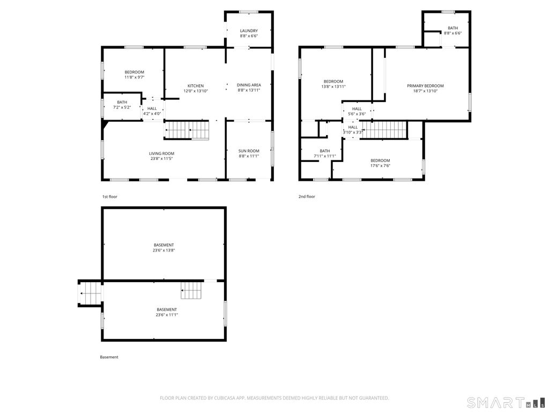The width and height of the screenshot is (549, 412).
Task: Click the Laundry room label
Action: point(249,31)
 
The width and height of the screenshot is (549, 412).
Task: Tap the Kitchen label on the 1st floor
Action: point(195,86)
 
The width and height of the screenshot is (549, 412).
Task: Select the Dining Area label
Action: point(249,85)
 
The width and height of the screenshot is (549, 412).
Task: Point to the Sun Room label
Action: point(249,151)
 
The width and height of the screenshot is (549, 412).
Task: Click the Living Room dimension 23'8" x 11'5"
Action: point(162,158)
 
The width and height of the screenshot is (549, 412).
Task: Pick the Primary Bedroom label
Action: point(425,86)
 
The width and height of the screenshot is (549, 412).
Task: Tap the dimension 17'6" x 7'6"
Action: point(380,166)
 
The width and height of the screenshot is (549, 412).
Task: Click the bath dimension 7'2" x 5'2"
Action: point(122,107)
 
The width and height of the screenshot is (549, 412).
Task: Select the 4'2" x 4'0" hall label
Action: point(152,114)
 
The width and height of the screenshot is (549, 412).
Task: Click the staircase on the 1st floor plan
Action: point(187,130)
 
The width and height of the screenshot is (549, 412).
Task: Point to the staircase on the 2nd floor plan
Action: point(384,130)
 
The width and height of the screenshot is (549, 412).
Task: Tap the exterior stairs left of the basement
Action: point(90,293)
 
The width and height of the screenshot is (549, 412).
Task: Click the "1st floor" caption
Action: point(109,196)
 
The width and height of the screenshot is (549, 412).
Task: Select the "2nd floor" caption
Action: point(307,196)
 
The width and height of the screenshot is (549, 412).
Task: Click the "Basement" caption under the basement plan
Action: point(109,357)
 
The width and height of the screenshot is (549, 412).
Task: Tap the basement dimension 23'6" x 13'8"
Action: point(164,250)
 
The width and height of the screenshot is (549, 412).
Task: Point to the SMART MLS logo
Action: point(506,402)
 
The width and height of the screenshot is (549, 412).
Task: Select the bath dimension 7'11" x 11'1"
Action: point(324,156)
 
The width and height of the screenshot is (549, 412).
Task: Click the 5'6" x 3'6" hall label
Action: point(357,114)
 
